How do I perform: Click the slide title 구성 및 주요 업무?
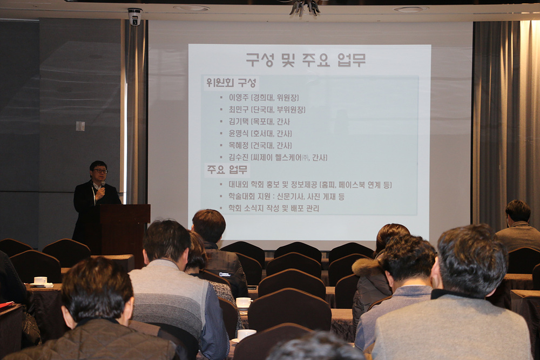[x=306, y=60]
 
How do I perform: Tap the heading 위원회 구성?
[x=231, y=83]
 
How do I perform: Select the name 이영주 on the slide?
[x=238, y=98]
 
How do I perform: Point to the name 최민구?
[x=238, y=110]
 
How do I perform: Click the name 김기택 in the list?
[x=238, y=121]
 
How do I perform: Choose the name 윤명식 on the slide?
[x=238, y=133]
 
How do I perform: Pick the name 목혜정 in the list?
[x=238, y=145]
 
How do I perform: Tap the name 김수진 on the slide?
[x=238, y=157]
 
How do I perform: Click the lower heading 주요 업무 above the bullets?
[x=227, y=169]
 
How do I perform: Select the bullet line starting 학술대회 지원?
[x=286, y=196]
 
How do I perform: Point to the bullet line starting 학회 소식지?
[x=274, y=208]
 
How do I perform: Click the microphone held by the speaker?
[x=103, y=186]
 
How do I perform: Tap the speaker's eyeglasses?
[x=100, y=171]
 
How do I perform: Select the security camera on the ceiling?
[x=134, y=17]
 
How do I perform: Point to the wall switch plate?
[x=80, y=126]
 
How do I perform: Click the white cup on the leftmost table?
[x=40, y=281]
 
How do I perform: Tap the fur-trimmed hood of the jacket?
[x=366, y=267]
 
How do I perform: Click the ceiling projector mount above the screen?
[x=305, y=8]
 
